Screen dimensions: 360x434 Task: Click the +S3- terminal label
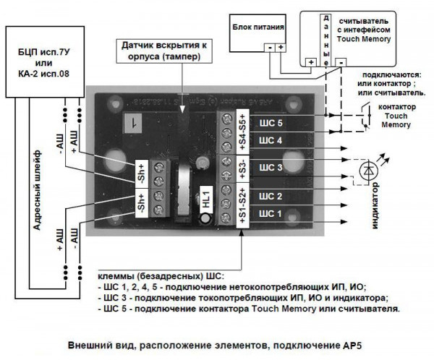coord(242,166)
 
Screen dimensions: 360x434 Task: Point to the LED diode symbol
coord(370,170)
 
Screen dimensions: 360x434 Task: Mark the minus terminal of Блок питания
coord(269,48)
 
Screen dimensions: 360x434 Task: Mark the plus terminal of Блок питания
coord(280,48)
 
